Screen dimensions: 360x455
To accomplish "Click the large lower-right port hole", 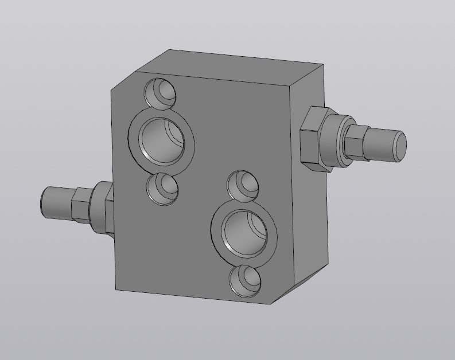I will pyautogui.click(x=243, y=232).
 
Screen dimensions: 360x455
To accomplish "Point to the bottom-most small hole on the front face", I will pyautogui.click(x=246, y=281).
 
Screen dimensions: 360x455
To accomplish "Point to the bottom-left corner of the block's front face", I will pyautogui.click(x=116, y=289).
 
